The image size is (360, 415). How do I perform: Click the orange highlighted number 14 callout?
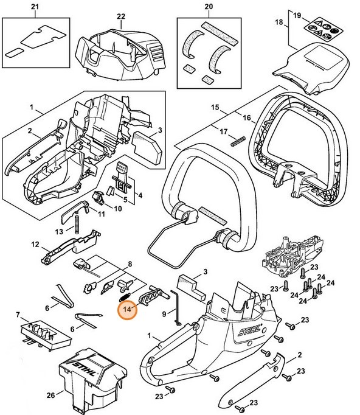(128, 309)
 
